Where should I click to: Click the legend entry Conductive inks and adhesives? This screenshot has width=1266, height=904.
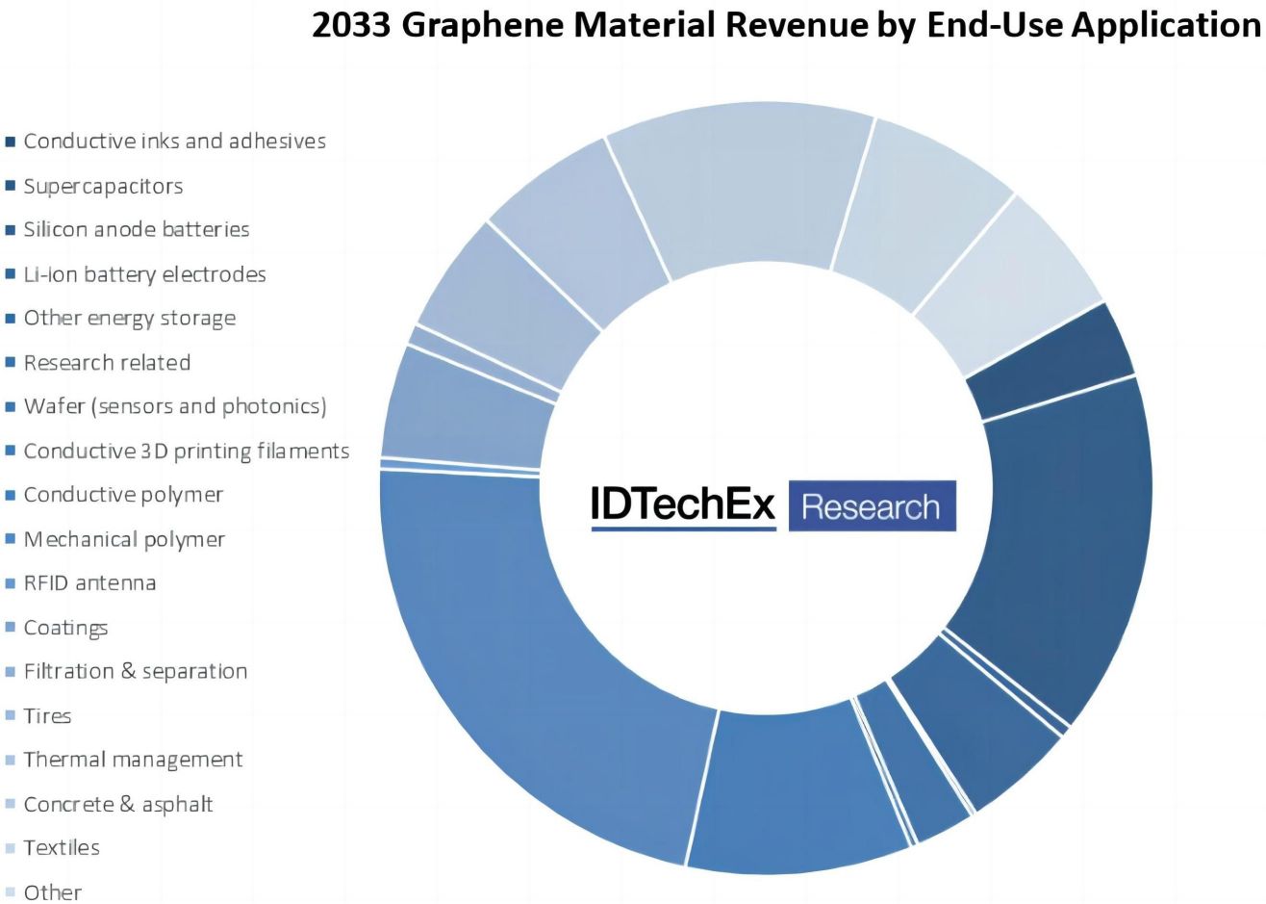point(174,142)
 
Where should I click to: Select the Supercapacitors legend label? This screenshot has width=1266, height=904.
point(103,186)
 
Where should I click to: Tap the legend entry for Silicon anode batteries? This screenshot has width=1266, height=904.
point(136,230)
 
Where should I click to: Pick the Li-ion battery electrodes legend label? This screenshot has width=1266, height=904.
point(144,274)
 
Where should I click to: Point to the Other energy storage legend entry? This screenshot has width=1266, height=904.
point(129,319)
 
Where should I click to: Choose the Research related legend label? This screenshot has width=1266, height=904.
point(107,363)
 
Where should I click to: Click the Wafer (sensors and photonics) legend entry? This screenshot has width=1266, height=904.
point(174,406)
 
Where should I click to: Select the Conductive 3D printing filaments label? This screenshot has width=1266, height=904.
point(186,451)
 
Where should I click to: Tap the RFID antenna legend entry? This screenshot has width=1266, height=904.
point(89,583)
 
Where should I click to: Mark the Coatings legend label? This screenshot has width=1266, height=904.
point(65,628)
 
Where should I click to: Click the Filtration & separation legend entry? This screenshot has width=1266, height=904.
point(135,672)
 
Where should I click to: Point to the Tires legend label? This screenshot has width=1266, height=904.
point(47,716)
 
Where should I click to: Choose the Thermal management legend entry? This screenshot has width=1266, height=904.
point(133,760)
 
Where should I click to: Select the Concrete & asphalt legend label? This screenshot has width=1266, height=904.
point(117,804)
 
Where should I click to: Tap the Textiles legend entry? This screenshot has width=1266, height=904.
point(62,848)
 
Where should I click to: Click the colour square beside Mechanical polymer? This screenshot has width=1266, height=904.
point(11,539)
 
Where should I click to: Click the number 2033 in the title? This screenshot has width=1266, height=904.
point(351,24)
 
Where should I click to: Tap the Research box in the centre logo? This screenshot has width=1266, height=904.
point(871,506)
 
